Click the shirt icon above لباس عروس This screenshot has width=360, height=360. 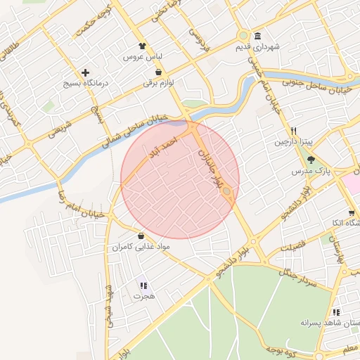tap(143, 45)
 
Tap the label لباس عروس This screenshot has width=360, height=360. tap(143, 56)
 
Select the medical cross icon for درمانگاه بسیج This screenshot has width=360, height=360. tap(86, 72)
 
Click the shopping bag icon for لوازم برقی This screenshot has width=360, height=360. tap(158, 72)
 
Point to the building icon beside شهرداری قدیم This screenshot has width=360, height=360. tap(258, 37)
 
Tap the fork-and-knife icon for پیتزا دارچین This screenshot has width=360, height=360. tap(294, 131)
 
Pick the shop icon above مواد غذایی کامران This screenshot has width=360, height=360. tap(142, 236)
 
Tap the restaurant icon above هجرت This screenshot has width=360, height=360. tap(143, 285)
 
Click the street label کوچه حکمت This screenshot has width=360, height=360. tap(96, 21)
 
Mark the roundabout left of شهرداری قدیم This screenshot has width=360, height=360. tap(243, 36)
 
